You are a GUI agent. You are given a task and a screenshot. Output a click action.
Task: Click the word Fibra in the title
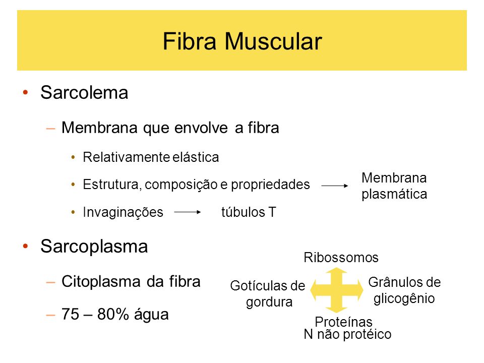(189, 41)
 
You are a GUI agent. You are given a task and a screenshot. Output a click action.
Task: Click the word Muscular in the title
(273, 41)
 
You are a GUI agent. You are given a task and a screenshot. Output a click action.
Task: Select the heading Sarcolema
(84, 92)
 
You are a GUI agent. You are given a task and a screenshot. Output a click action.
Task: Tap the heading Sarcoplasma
(94, 247)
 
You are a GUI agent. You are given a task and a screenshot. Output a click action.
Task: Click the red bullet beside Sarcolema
(25, 92)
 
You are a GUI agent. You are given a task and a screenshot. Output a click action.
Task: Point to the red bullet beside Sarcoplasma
(25, 246)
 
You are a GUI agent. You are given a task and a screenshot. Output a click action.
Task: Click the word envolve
(201, 128)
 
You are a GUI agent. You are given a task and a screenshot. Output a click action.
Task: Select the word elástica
(196, 157)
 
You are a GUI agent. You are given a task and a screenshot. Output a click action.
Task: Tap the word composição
(181, 185)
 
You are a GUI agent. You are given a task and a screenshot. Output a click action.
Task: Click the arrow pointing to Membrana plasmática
(335, 186)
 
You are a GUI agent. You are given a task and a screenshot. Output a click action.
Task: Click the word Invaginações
(123, 212)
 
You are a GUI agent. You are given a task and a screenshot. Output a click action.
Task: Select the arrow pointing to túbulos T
(188, 212)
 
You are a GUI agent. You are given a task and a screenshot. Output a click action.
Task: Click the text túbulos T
(249, 212)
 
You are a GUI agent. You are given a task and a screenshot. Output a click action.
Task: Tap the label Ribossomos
(341, 258)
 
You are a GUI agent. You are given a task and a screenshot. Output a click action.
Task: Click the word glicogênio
(404, 299)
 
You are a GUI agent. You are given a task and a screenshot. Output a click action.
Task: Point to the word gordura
(269, 302)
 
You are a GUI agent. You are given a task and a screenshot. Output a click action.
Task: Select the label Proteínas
(343, 322)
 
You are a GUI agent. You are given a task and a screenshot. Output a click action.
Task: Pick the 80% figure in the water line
(112, 314)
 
